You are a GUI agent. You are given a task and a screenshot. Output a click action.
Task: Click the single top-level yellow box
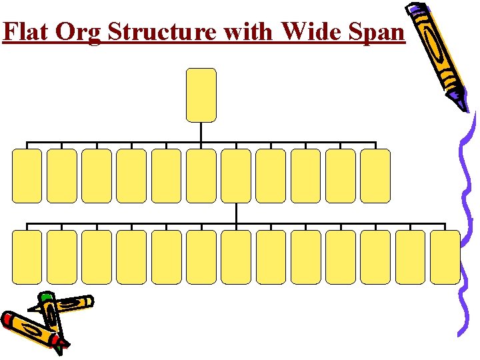coord(201,95)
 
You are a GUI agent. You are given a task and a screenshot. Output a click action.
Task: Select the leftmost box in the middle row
coord(27,175)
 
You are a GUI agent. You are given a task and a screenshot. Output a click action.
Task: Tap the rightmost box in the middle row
coord(375,175)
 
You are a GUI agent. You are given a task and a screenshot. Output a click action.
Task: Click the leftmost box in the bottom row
coord(27,257)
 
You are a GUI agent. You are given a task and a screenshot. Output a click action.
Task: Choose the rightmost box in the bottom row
coord(445,257)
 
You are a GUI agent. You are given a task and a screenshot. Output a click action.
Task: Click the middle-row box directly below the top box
coord(201,175)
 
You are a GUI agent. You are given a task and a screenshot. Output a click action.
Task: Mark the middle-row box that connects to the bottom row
coord(236,175)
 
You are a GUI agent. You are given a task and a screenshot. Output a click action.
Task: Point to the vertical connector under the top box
coord(201,132)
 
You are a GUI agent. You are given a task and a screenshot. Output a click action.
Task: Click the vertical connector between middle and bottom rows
coord(236,213)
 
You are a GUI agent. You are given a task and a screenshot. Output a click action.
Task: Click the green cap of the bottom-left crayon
coord(45,298)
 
